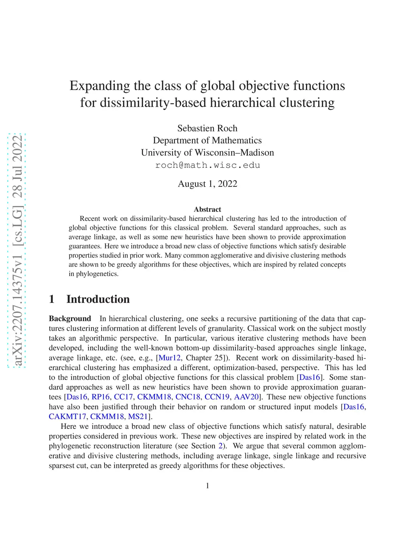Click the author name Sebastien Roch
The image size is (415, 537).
point(207,128)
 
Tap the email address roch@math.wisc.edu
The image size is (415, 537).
point(207,165)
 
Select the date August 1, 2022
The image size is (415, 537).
point(207,184)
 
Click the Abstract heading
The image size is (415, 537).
point(207,209)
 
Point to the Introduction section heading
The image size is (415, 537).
point(98,299)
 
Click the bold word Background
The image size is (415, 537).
point(70,319)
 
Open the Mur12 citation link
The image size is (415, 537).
point(169,357)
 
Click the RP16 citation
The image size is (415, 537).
point(101,397)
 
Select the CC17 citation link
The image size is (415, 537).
point(123,397)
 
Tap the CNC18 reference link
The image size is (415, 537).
point(188,397)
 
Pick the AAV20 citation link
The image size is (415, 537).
point(246,397)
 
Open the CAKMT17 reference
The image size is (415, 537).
point(67,416)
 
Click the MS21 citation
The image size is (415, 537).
point(138,416)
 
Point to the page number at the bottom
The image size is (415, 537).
point(207,486)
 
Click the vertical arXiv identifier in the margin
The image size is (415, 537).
point(17,250)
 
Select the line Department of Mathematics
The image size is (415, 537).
point(207,140)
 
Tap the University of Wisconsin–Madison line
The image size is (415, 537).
point(207,152)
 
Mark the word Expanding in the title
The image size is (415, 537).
point(100,86)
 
